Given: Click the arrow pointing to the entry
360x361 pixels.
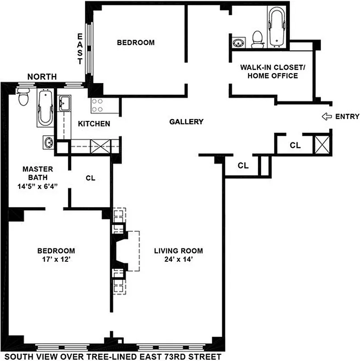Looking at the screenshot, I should [326, 117].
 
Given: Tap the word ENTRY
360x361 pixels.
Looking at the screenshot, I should [347, 117].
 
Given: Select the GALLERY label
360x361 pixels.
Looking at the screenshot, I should [186, 122].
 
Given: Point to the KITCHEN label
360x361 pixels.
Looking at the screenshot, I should [94, 124].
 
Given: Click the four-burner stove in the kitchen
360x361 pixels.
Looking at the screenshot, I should [97, 106].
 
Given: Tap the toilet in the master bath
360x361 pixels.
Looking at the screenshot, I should [23, 95].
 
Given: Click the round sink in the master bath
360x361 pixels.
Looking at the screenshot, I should [48, 142].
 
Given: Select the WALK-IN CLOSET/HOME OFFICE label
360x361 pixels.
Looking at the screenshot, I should [269, 72].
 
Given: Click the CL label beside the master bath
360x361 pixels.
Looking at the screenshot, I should [90, 178].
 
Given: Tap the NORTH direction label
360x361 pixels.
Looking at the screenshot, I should [42, 77].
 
